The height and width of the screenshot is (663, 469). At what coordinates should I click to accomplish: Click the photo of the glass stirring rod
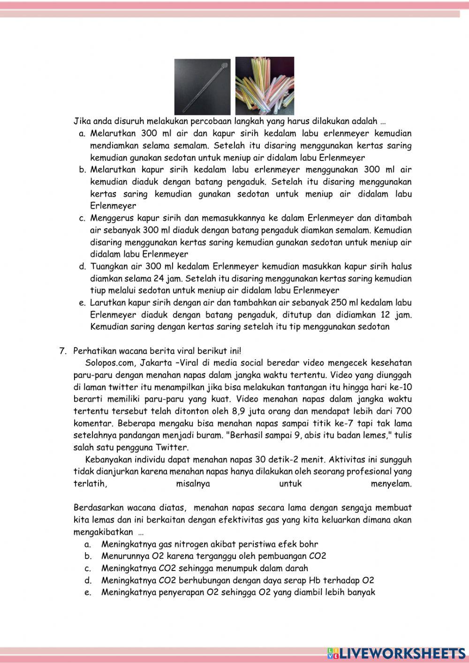(203, 86)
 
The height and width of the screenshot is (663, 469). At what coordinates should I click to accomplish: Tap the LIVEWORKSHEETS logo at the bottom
(396, 653)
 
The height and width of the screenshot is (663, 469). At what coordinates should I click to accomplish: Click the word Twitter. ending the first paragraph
(172, 447)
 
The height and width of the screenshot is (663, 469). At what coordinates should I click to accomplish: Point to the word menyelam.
(391, 484)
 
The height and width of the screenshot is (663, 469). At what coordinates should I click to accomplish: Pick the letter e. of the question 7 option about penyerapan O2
(87, 592)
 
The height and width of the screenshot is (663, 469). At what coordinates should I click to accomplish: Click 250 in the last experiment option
(339, 303)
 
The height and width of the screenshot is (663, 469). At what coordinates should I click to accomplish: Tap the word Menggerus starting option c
(111, 218)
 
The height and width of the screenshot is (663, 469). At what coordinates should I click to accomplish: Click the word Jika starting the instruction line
(81, 121)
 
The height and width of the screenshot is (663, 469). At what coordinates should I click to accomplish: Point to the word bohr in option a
(308, 544)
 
